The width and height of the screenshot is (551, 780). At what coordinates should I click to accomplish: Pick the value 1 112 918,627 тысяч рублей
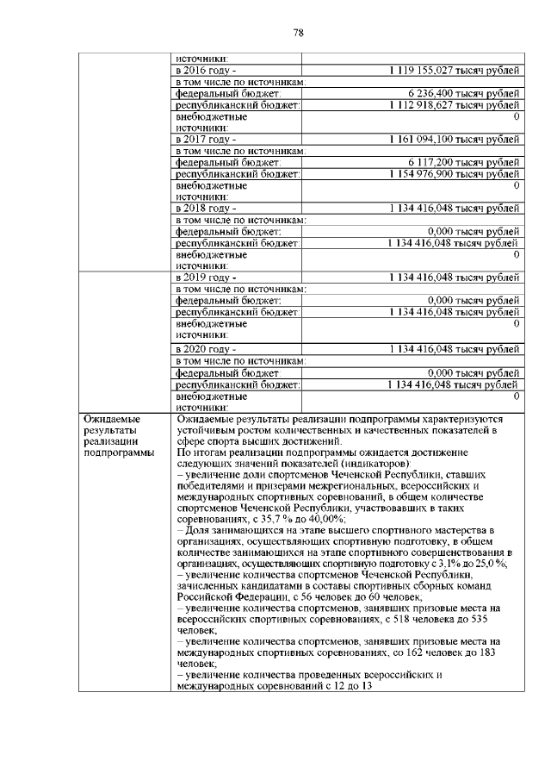click(453, 103)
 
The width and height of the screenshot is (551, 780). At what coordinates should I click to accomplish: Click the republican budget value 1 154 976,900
click(453, 173)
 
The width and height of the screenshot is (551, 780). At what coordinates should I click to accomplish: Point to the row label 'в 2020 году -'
click(205, 349)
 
